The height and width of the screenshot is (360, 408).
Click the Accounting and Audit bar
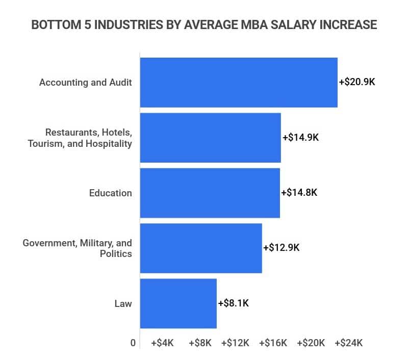coord(239,82)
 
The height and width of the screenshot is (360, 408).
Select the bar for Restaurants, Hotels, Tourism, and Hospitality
coord(210,138)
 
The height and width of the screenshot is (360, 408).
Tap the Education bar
coord(210,193)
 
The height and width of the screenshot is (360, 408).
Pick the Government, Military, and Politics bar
coord(201,248)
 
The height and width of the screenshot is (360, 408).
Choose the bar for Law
coord(178,303)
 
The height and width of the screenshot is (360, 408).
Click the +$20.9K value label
coord(357,82)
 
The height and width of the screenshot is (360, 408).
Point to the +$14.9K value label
coord(300,138)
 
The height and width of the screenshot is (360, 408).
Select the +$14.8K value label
coord(299,193)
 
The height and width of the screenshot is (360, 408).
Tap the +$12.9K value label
coord(282,248)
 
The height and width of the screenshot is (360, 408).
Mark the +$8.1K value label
coord(234,303)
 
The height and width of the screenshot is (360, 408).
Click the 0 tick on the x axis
coord(133,343)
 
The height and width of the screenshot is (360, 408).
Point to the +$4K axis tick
coord(163,343)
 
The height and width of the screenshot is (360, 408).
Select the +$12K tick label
coord(235,343)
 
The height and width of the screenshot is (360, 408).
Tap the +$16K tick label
coord(273,343)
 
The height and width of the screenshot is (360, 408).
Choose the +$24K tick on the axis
coord(349,343)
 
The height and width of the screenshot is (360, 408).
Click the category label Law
coord(123,304)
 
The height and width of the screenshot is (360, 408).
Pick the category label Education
coord(110,193)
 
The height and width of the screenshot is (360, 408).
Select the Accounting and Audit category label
coord(86,83)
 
